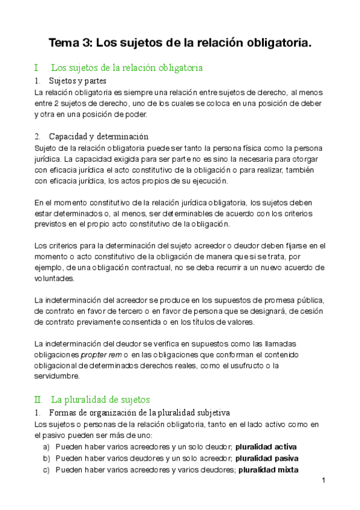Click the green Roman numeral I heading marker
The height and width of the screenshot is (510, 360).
coord(37,67)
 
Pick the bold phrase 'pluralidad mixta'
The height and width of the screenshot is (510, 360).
coord(268,470)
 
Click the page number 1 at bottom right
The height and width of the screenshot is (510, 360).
coord(323,481)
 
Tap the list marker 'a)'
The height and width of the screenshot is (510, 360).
coord(46,447)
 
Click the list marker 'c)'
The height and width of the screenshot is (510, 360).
coord(46,470)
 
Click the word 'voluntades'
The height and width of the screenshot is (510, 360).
coord(55,278)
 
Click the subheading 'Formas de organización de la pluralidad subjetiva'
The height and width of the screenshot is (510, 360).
coord(138,413)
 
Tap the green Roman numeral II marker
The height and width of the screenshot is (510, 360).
coord(38,399)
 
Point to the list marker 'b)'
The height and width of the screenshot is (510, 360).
coord(46,458)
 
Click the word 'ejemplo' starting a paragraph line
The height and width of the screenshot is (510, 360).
coord(49,268)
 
